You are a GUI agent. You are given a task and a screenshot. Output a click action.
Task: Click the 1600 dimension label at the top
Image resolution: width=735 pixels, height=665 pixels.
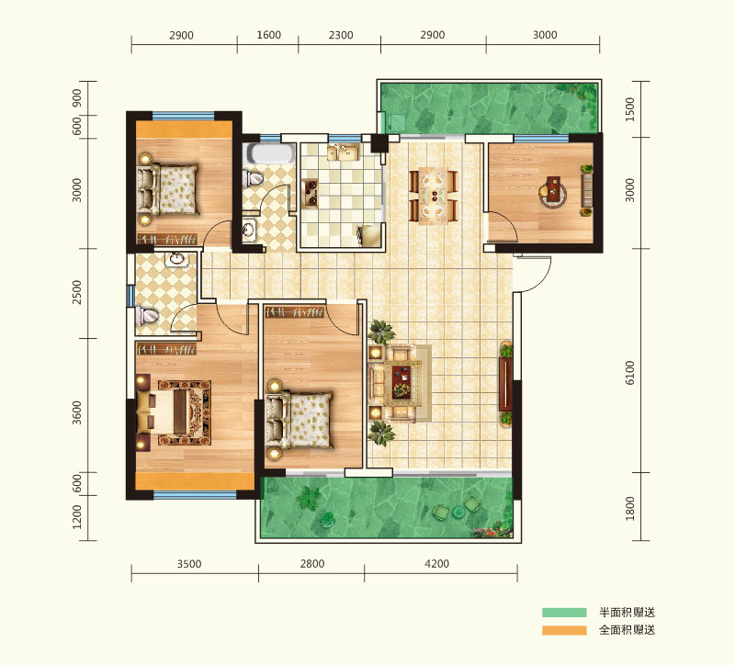click(268, 35)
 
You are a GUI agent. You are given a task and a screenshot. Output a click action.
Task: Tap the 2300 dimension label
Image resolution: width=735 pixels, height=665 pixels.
click(341, 35)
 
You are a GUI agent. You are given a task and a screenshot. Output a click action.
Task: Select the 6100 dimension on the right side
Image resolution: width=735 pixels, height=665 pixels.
click(629, 373)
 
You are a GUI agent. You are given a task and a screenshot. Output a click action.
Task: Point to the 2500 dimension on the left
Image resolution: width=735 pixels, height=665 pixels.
click(76, 292)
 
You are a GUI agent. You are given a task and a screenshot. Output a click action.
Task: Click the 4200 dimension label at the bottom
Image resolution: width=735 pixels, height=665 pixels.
click(437, 563)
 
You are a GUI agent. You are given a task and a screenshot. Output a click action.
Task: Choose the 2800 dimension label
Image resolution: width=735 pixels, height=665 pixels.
click(312, 563)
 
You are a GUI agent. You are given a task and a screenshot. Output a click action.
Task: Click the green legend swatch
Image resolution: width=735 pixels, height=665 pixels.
click(564, 612)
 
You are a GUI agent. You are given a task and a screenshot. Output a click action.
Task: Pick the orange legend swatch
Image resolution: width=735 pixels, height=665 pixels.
click(564, 630)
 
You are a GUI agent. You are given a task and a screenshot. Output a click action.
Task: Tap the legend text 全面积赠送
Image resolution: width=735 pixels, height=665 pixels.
click(628, 630)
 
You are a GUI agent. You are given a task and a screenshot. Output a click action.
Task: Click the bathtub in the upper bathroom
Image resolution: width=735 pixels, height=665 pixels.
click(271, 153)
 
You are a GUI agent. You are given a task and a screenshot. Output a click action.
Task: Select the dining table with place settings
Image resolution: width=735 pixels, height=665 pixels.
click(434, 195)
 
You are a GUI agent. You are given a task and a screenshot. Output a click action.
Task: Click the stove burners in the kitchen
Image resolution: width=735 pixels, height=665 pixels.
click(311, 193)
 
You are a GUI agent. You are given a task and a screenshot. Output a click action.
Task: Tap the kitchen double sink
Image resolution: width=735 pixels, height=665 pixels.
click(343, 152)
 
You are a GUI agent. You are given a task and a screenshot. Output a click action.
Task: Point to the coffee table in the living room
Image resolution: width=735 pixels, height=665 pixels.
click(401, 379)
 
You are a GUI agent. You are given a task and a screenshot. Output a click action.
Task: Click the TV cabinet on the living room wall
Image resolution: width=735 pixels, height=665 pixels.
click(505, 383)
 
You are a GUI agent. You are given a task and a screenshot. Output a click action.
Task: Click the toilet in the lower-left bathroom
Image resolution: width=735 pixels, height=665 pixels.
click(146, 315)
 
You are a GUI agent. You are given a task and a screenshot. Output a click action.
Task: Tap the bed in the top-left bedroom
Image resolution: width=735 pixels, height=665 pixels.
click(167, 189)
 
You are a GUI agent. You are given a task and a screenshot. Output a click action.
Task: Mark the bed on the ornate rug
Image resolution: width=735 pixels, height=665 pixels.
click(164, 411)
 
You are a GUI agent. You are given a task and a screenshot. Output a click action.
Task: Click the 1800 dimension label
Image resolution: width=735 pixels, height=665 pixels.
click(629, 508)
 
